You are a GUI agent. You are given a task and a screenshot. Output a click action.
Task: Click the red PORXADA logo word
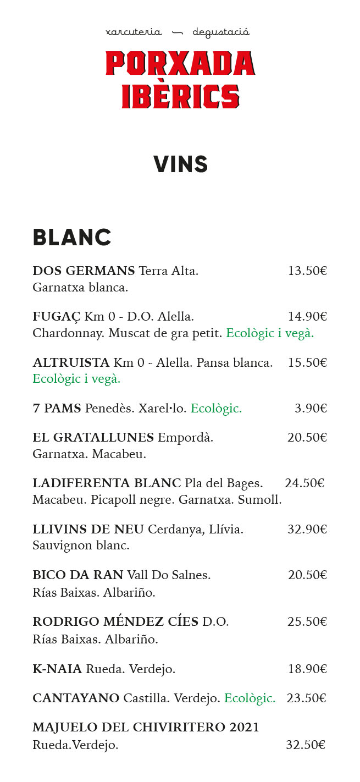pos(180,63)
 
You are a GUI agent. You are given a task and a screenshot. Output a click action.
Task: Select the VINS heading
pos(180,164)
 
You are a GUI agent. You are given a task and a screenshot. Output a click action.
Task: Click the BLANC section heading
pos(72,238)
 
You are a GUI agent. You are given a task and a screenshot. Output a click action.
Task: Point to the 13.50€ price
pos(307,271)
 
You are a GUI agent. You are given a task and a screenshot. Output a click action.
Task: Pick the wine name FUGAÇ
pos(57,317)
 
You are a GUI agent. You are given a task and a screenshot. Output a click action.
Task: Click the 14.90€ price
pos(307,317)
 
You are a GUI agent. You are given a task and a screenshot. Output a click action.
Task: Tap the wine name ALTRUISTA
pos(71,363)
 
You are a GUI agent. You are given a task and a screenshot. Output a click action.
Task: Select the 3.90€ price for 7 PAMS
pos(311,409)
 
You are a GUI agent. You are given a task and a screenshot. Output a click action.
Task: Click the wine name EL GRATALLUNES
pos(93,438)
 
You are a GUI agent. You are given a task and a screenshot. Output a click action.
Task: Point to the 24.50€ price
pos(304,483)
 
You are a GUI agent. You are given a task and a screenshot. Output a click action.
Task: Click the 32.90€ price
pos(307,530)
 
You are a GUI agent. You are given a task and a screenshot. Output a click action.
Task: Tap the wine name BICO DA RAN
pos(78,575)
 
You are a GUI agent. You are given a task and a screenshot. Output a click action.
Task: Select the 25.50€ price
pos(307,622)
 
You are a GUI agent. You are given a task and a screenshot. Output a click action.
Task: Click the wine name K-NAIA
pos(57,669)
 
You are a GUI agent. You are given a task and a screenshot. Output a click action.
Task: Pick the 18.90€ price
pos(307,669)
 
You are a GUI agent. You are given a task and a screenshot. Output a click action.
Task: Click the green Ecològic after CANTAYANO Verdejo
pos(250,698)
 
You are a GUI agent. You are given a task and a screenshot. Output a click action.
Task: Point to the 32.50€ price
pos(306,745)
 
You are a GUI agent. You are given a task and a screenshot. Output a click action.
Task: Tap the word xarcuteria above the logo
pos(134,32)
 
